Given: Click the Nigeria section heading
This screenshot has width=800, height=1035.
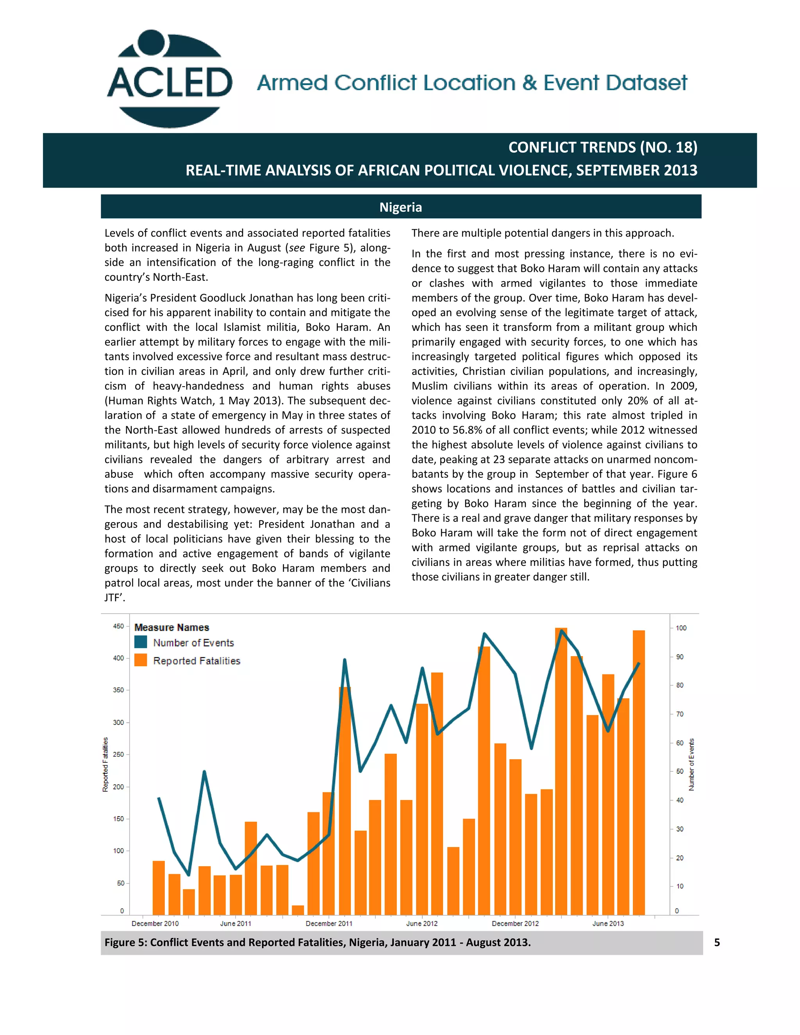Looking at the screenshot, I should click(400, 207).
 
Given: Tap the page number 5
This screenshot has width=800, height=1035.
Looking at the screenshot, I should click(716, 942).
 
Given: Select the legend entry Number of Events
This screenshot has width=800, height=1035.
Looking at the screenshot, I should click(193, 642).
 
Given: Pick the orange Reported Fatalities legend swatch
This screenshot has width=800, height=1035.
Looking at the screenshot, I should click(141, 660).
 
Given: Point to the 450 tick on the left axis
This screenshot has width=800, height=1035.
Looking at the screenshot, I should click(118, 626).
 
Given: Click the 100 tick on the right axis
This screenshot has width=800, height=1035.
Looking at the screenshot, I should click(680, 628).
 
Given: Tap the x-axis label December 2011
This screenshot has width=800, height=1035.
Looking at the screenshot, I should click(329, 923).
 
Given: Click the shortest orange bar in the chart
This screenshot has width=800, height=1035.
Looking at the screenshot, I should click(298, 910).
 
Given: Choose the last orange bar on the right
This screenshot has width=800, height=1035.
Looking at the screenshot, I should click(638, 773).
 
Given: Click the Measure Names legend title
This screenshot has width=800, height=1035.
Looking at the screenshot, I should click(171, 628).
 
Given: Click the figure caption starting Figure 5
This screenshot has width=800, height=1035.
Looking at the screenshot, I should click(318, 942).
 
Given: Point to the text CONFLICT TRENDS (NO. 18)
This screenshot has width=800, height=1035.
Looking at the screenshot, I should click(602, 147).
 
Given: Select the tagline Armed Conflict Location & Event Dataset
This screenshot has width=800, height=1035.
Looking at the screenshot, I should click(471, 83).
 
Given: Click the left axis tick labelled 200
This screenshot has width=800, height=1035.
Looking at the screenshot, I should click(118, 787).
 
